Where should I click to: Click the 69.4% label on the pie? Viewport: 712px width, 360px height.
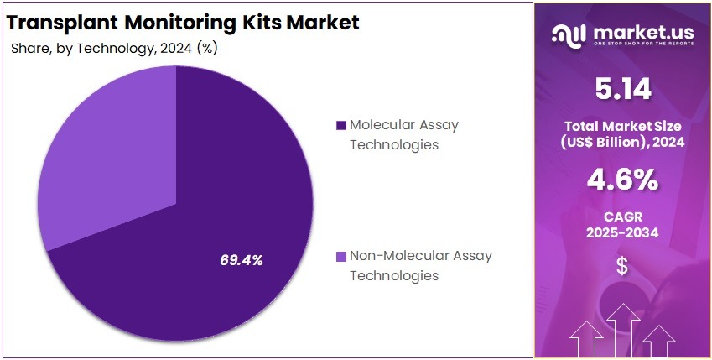coord(242,260)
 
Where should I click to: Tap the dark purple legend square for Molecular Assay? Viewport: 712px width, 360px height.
coord(340,126)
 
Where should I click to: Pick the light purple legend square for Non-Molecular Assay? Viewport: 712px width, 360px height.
coord(340,256)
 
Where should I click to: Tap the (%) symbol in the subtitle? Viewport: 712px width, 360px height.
coord(206,48)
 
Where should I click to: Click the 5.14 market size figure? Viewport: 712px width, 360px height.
coord(621,88)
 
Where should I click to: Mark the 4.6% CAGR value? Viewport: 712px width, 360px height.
coord(621,180)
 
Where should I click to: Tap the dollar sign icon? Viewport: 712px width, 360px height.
coord(621,266)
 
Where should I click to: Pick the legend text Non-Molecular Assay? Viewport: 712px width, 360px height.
coord(421,256)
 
